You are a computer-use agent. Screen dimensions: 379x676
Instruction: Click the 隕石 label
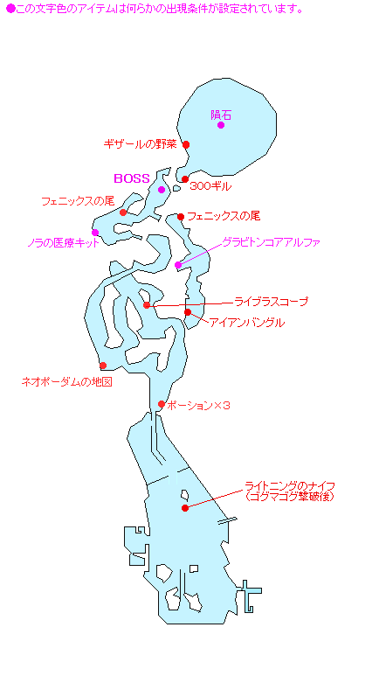click(221, 115)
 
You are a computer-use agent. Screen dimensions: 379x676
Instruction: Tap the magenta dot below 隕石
click(221, 125)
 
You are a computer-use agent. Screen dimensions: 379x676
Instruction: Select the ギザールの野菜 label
click(141, 144)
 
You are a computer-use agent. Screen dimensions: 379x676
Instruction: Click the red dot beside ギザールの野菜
click(186, 145)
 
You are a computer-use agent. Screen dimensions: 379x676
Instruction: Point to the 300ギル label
click(210, 186)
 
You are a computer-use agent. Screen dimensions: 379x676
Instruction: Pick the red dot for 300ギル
click(185, 179)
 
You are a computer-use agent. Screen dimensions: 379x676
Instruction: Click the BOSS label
click(131, 179)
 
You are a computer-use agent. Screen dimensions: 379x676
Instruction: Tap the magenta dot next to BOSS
click(162, 190)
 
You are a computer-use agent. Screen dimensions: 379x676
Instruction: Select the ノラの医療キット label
click(63, 243)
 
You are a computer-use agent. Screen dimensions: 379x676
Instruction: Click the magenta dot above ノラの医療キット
click(95, 233)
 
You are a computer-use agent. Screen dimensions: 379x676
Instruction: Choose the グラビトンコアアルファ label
click(272, 242)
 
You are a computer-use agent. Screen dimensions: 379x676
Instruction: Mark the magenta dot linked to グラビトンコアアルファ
click(178, 265)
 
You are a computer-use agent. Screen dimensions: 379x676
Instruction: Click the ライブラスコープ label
click(272, 302)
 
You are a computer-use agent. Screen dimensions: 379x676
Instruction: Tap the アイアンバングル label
click(247, 323)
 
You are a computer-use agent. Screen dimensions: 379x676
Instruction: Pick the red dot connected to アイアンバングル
click(188, 312)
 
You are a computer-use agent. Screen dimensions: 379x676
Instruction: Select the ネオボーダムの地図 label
click(66, 382)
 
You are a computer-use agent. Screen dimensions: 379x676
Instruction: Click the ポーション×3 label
click(198, 405)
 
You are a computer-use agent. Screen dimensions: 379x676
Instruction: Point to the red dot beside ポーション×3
click(162, 404)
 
